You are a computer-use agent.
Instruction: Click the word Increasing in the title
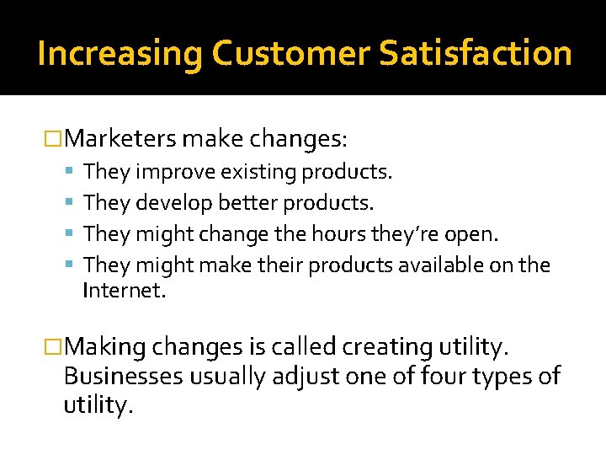120,53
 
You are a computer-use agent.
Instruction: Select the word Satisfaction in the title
476,53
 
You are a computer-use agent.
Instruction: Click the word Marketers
120,137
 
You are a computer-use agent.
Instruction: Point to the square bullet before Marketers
54,137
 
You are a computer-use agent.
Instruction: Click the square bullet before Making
54,345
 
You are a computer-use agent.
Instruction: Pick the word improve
175,173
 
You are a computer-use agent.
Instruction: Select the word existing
258,173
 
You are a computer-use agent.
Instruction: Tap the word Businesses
123,376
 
